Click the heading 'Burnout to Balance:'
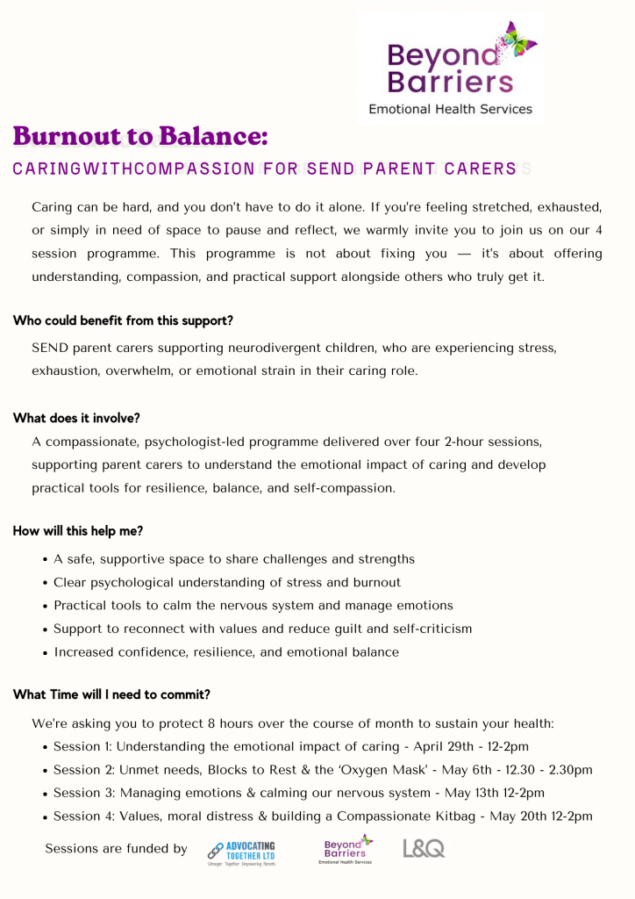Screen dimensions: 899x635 click(140, 137)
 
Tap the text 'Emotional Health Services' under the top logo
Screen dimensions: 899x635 click(450, 110)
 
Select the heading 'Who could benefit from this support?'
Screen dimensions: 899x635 click(123, 320)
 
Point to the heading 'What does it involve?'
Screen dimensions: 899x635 click(76, 418)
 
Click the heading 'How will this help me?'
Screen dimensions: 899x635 click(78, 531)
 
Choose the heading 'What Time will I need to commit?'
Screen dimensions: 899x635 click(111, 694)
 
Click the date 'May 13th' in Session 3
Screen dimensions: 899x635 click(472, 793)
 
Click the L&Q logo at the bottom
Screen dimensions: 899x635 click(424, 848)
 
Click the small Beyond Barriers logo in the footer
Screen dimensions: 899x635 click(345, 849)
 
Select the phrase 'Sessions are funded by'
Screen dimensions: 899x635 click(116, 848)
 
